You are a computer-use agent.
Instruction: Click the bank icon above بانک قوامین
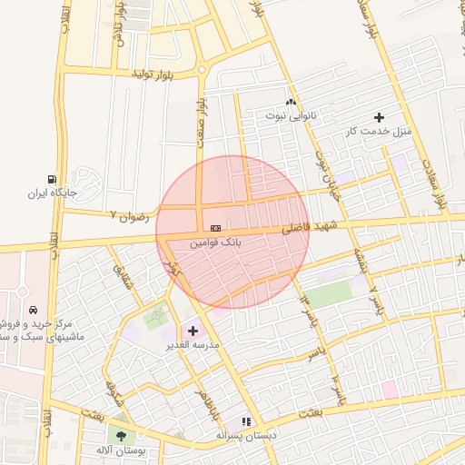[214, 227]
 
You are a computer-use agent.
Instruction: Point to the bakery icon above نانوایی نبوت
[292, 102]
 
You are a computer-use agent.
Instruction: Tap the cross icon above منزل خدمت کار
[379, 117]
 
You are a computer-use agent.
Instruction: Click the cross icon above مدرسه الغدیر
[192, 331]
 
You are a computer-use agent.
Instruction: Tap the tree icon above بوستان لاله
[122, 434]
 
